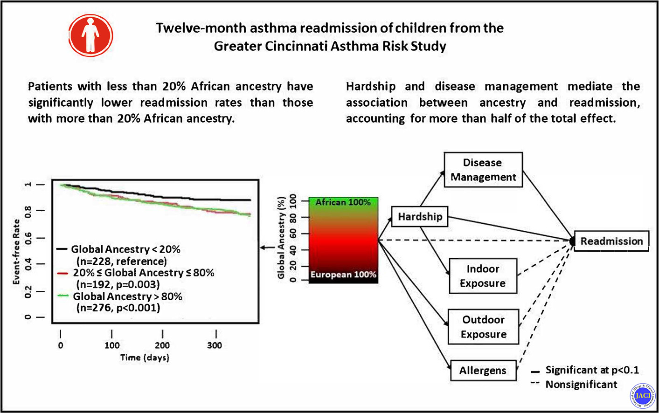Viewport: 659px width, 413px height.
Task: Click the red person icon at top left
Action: [91, 35]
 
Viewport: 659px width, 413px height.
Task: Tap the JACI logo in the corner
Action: [642, 396]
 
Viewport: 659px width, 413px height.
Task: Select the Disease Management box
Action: [483, 170]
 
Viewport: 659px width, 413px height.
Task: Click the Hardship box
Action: [420, 217]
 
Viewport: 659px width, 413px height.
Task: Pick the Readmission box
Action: [611, 241]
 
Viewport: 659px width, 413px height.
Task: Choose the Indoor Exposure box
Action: [483, 276]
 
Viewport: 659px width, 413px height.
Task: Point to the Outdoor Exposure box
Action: [483, 327]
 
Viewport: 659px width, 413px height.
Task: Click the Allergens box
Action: [483, 371]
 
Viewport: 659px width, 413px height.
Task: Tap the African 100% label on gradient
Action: [343, 202]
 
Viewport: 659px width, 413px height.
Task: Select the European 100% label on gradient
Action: [343, 275]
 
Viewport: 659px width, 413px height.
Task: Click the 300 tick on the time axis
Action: [215, 345]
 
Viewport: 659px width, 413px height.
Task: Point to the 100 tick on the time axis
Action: [112, 345]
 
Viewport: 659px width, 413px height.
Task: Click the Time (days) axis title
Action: [145, 358]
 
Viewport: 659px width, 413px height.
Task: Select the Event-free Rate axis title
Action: [16, 252]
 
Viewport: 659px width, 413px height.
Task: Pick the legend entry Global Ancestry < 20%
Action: [125, 249]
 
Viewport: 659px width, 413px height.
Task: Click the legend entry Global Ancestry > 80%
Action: [127, 296]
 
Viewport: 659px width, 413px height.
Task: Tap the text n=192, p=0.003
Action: [118, 284]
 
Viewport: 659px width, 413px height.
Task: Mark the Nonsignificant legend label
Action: [581, 385]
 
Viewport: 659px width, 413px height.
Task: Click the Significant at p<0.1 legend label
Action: [592, 370]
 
